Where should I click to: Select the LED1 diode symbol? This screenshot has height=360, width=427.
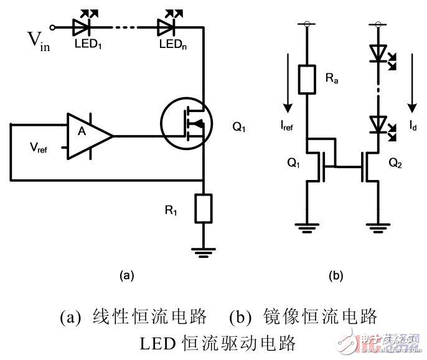point(83,27)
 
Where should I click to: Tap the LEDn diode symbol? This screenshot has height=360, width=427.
point(166,27)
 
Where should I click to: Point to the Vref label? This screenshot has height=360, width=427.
point(40,148)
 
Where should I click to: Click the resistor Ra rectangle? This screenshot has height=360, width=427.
point(306,78)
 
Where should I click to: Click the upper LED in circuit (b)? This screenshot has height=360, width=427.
point(378,53)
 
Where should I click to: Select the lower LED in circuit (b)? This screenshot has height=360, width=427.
point(378,123)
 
